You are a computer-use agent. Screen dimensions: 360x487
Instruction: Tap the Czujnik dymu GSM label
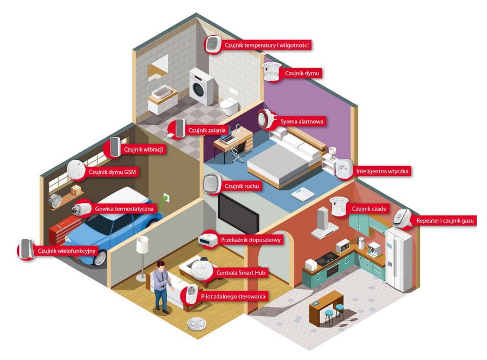tap(112, 172)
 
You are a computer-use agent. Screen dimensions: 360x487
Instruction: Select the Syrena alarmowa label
tap(301, 122)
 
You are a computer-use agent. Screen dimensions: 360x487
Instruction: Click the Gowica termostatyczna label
tap(124, 208)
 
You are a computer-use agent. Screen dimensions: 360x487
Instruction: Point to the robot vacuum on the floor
tap(197, 323)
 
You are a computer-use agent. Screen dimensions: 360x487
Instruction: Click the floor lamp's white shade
tap(142, 244)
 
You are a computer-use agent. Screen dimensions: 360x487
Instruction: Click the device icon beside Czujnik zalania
tap(176, 129)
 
